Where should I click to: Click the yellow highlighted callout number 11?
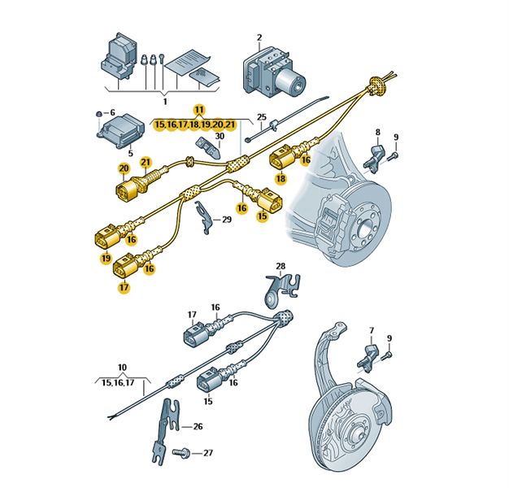point(199,110)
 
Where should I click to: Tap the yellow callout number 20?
point(124,168)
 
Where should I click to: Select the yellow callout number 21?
point(146,162)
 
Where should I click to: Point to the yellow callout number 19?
point(106,258)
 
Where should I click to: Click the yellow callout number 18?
point(281,178)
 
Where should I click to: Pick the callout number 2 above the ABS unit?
point(259,37)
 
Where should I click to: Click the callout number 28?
point(281,266)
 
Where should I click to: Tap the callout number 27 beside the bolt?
point(207,454)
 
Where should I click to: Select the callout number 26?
point(198,426)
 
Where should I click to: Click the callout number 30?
point(219,136)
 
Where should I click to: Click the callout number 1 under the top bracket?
point(165,101)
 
